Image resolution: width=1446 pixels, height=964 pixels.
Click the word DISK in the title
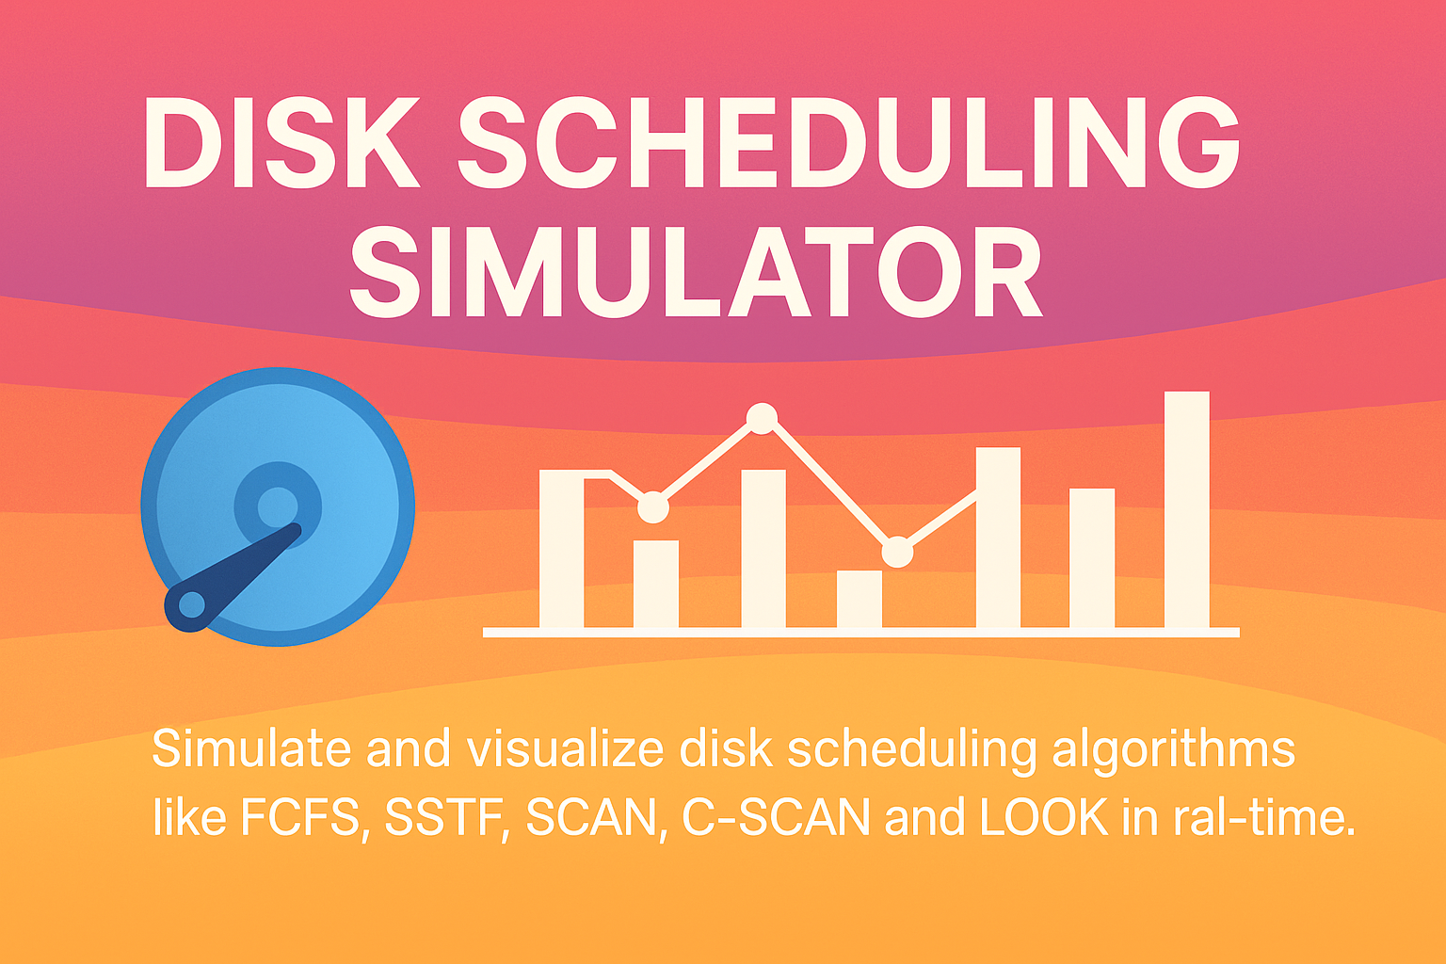(281, 142)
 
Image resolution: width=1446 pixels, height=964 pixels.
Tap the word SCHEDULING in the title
(848, 142)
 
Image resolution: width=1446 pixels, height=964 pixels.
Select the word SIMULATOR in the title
(696, 271)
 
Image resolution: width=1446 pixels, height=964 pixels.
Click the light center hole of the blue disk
(278, 506)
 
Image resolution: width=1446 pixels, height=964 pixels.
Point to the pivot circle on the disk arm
(191, 605)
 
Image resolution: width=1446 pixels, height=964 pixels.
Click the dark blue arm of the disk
(233, 577)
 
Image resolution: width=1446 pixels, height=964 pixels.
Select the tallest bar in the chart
(1186, 509)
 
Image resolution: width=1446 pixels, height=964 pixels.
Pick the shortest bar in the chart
(860, 599)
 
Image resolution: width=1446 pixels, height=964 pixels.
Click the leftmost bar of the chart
(562, 549)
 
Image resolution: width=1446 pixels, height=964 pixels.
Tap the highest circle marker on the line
(762, 418)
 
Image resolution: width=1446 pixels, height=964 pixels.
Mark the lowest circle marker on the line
(897, 552)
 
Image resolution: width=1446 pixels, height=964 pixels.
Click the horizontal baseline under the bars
(861, 633)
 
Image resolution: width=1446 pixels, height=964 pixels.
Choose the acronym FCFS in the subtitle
(300, 817)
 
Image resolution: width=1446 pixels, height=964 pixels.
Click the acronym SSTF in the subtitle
(443, 817)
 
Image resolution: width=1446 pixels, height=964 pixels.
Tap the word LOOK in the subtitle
(1044, 817)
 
